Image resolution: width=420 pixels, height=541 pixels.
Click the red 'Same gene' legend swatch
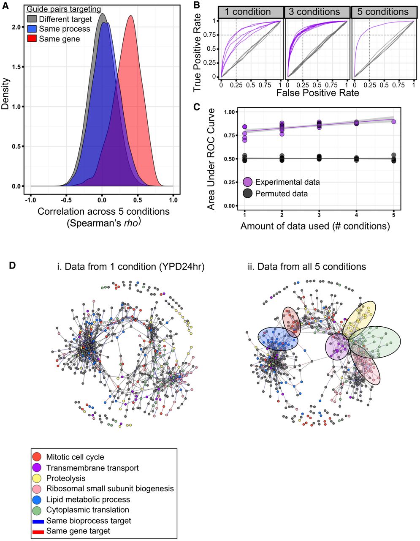click(32, 39)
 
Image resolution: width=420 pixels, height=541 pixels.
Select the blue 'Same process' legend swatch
click(32, 29)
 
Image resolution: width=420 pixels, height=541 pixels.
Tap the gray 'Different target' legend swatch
click(32, 19)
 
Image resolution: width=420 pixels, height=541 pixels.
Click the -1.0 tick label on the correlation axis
click(30, 200)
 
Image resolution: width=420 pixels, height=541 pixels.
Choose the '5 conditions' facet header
click(383, 12)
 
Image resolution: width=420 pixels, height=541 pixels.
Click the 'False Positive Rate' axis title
click(317, 93)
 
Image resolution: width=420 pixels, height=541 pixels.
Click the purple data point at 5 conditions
click(393, 121)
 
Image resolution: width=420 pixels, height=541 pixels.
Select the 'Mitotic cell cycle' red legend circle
click(37, 457)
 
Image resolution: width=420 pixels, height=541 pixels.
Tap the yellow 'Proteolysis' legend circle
click(37, 478)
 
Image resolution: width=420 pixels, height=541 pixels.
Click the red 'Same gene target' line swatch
click(38, 531)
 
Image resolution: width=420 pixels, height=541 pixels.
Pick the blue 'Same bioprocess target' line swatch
click(38, 521)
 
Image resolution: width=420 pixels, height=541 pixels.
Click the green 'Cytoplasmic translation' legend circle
click(37, 510)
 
